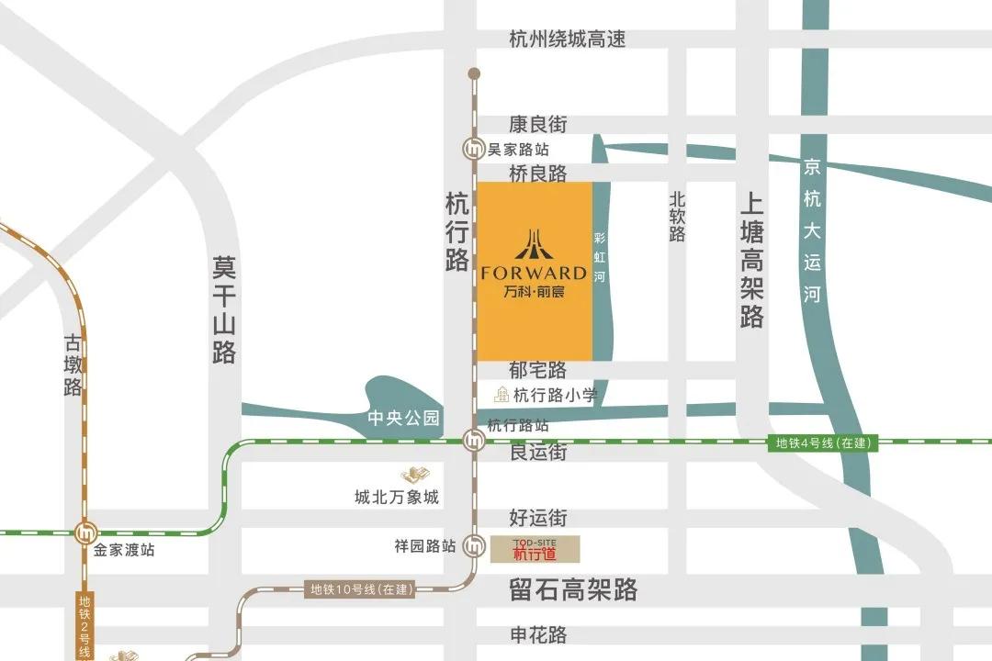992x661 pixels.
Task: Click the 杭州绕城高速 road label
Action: pyautogui.click(x=568, y=39)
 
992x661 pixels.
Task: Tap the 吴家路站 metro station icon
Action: pyautogui.click(x=474, y=149)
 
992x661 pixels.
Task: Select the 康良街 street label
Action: pyautogui.click(x=538, y=124)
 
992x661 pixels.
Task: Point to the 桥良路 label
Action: pyautogui.click(x=538, y=174)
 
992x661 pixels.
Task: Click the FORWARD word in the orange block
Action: pyautogui.click(x=534, y=273)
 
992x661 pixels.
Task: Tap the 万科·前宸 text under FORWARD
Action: pyautogui.click(x=534, y=293)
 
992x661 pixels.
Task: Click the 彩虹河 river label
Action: pyautogui.click(x=601, y=255)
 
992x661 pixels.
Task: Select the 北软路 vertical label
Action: pyautogui.click(x=677, y=217)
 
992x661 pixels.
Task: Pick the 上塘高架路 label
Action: pyautogui.click(x=751, y=261)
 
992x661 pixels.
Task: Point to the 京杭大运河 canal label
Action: pyautogui.click(x=812, y=230)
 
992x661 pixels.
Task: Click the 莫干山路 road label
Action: pyautogui.click(x=224, y=309)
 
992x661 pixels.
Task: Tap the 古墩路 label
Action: pyautogui.click(x=73, y=364)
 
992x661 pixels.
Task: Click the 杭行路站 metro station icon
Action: pyautogui.click(x=474, y=441)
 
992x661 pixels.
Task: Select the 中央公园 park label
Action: pyautogui.click(x=403, y=419)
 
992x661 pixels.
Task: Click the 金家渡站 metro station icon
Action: pyautogui.click(x=86, y=531)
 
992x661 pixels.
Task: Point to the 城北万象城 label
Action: pyautogui.click(x=397, y=498)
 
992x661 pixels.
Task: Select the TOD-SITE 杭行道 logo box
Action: pyautogui.click(x=535, y=549)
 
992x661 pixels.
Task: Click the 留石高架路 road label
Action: pyautogui.click(x=573, y=589)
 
